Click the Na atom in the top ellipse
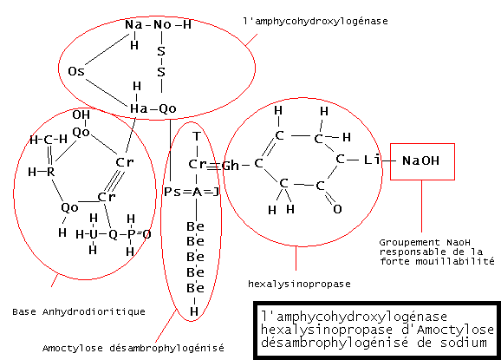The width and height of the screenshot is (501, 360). (x=133, y=24)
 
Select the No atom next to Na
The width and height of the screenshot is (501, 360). (x=162, y=24)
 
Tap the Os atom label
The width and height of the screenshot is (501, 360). (x=76, y=71)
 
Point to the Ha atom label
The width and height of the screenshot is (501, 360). (x=139, y=108)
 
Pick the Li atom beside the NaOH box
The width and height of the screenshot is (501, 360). (x=372, y=160)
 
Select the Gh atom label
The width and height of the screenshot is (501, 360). (x=231, y=166)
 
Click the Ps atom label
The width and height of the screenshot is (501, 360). (x=172, y=192)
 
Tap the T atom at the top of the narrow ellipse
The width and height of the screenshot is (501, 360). (x=197, y=136)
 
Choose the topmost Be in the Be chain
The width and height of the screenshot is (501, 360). (x=195, y=226)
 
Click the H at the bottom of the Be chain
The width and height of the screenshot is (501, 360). (x=194, y=311)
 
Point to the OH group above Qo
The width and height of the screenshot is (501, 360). (x=81, y=115)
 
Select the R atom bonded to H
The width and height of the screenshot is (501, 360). (x=51, y=172)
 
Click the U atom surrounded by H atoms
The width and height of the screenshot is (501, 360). (x=93, y=234)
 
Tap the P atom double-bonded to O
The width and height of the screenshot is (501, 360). (x=131, y=234)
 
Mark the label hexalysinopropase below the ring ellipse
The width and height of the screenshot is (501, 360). (x=299, y=284)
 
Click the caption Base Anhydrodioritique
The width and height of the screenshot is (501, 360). (x=79, y=311)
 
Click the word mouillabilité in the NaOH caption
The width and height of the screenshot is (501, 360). (x=455, y=261)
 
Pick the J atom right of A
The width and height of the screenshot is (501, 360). (x=216, y=192)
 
